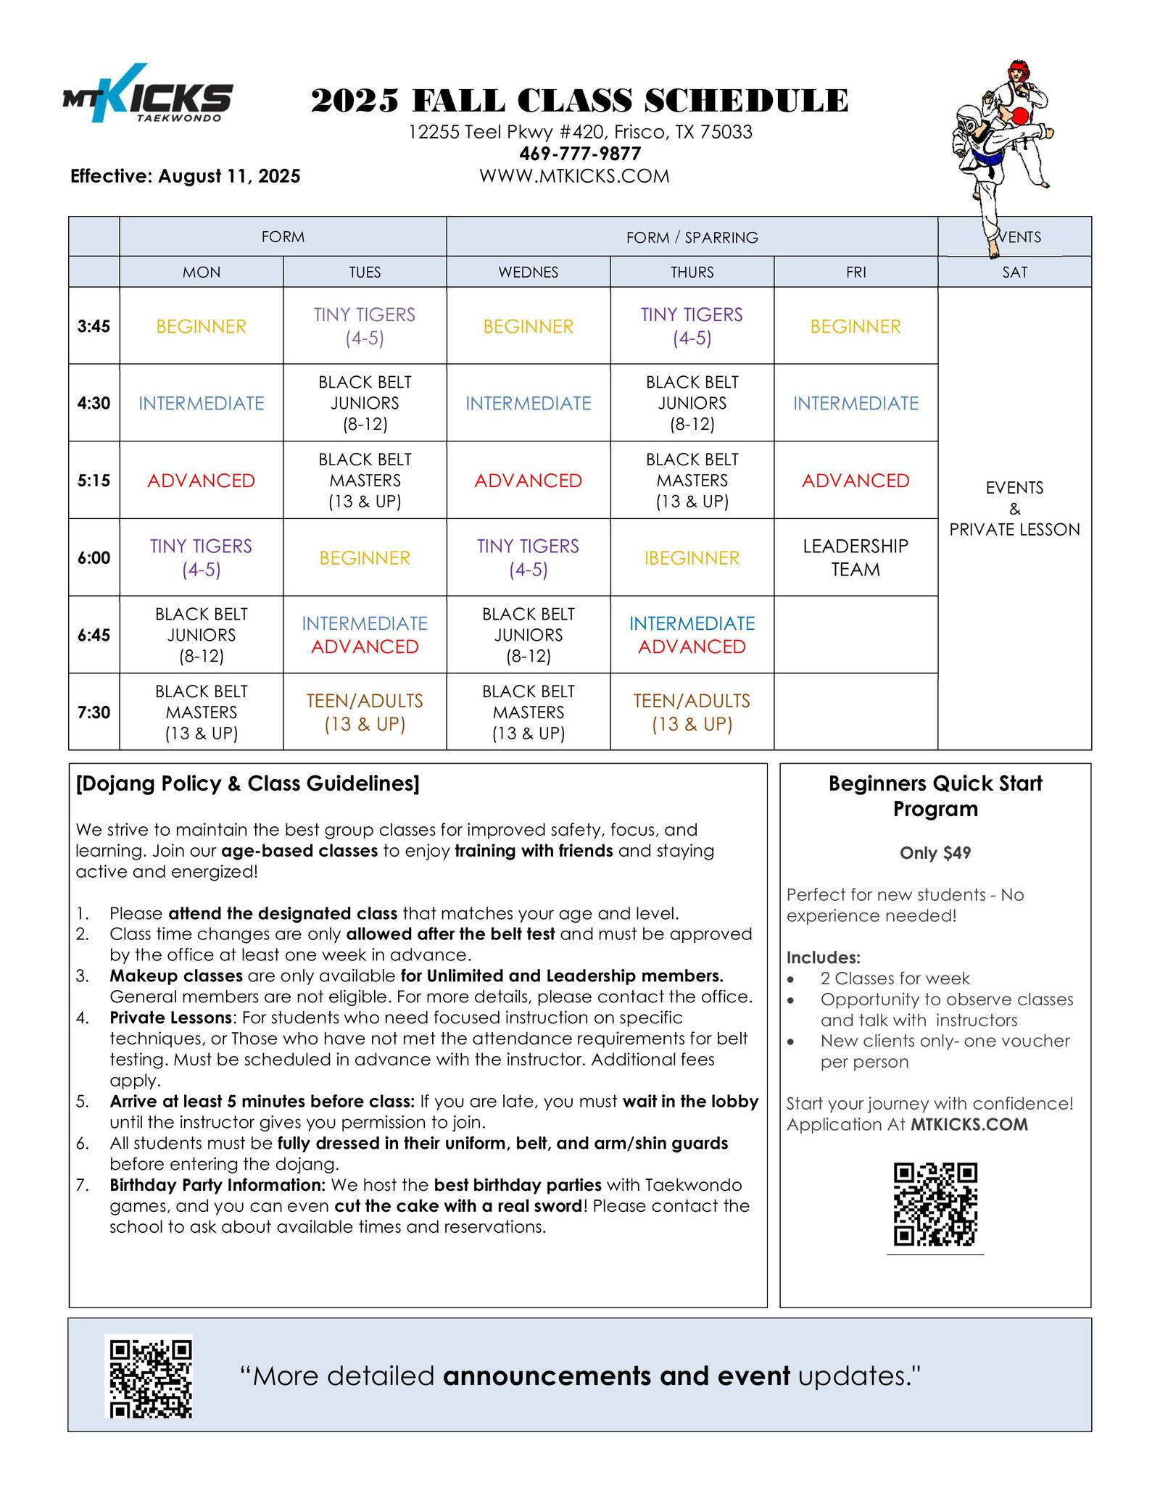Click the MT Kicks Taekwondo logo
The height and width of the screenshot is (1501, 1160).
pos(148,93)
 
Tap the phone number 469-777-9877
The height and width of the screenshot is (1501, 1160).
pos(580,154)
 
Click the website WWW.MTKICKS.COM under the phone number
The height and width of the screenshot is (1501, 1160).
pos(574,176)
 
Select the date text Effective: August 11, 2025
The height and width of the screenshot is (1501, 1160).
pos(185,176)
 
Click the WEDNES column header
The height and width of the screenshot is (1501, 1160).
pos(528,272)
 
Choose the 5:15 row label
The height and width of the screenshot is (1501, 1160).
pos(94,480)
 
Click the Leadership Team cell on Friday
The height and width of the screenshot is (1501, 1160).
pos(855,557)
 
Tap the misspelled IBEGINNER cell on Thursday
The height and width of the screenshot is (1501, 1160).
pos(692,558)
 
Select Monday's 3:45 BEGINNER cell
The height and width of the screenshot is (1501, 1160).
pos(201,326)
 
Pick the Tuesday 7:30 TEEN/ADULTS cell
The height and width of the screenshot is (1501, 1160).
pos(365,712)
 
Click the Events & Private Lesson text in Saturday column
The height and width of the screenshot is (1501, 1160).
pos(1014,508)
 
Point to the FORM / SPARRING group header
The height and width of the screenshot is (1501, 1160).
pos(692,237)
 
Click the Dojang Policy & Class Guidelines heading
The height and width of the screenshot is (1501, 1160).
pos(247,783)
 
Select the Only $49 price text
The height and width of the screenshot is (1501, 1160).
pos(935,852)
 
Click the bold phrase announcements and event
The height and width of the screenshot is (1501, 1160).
pos(616,1376)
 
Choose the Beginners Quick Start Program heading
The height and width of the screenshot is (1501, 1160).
pos(935,796)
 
